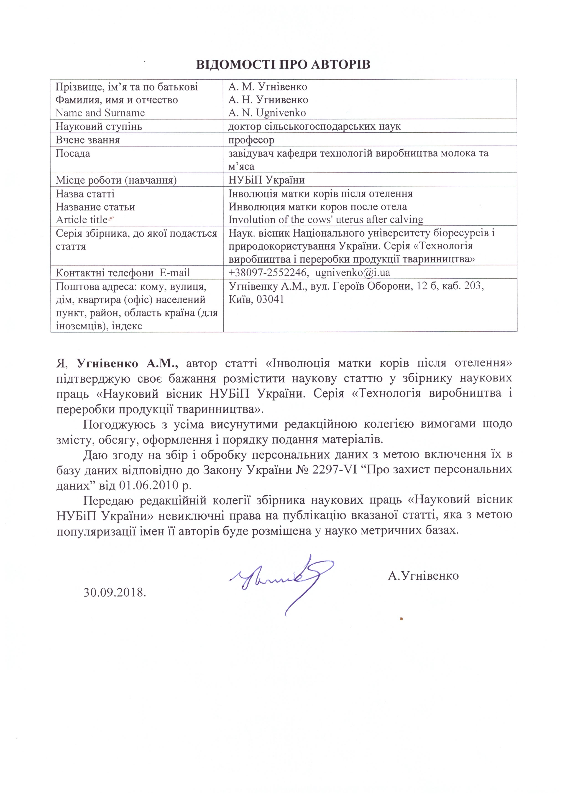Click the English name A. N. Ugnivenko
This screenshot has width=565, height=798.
tap(267, 113)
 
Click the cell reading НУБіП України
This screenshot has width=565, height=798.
tap(266, 180)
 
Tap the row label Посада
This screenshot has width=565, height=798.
tap(73, 154)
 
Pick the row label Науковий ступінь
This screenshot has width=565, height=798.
tap(99, 126)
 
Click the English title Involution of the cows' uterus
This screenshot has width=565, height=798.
tap(326, 220)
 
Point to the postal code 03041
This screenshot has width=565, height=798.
tap(270, 299)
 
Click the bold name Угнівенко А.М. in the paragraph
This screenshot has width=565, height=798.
tap(128, 364)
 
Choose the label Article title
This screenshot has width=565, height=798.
tap(82, 220)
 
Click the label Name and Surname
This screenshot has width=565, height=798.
tap(100, 113)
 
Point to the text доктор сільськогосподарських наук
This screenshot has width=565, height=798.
tap(314, 126)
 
